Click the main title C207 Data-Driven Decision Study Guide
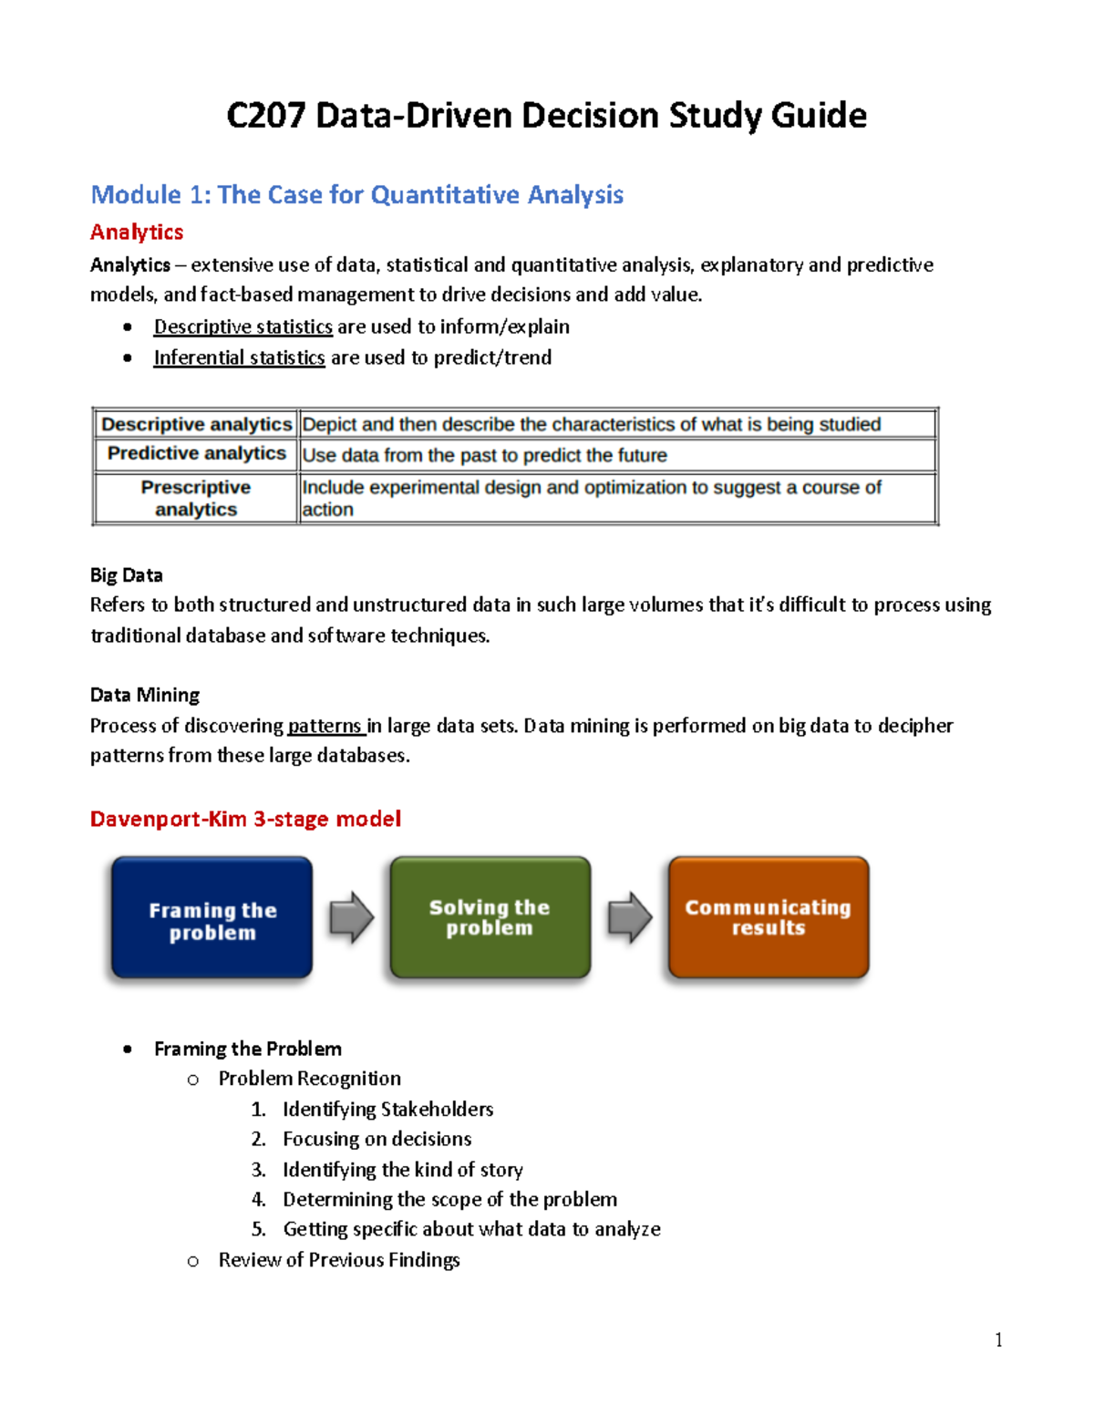[x=546, y=116]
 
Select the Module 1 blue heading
[x=356, y=194]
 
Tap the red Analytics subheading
[x=137, y=233]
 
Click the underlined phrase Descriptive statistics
[x=243, y=326]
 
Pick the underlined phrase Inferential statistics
[x=239, y=357]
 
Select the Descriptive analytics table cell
[x=196, y=424]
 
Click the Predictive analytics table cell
[x=196, y=454]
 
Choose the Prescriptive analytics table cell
[x=196, y=498]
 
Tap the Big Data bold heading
[x=127, y=575]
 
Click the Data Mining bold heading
[x=145, y=695]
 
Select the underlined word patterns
[x=325, y=726]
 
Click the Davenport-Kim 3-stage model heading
[x=245, y=819]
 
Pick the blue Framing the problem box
[x=212, y=918]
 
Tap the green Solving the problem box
[x=490, y=917]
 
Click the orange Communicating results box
[x=768, y=917]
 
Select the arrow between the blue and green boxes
[x=352, y=917]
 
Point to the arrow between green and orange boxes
[x=630, y=917]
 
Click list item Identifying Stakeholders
[x=387, y=1109]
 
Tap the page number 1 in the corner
[x=998, y=1339]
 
